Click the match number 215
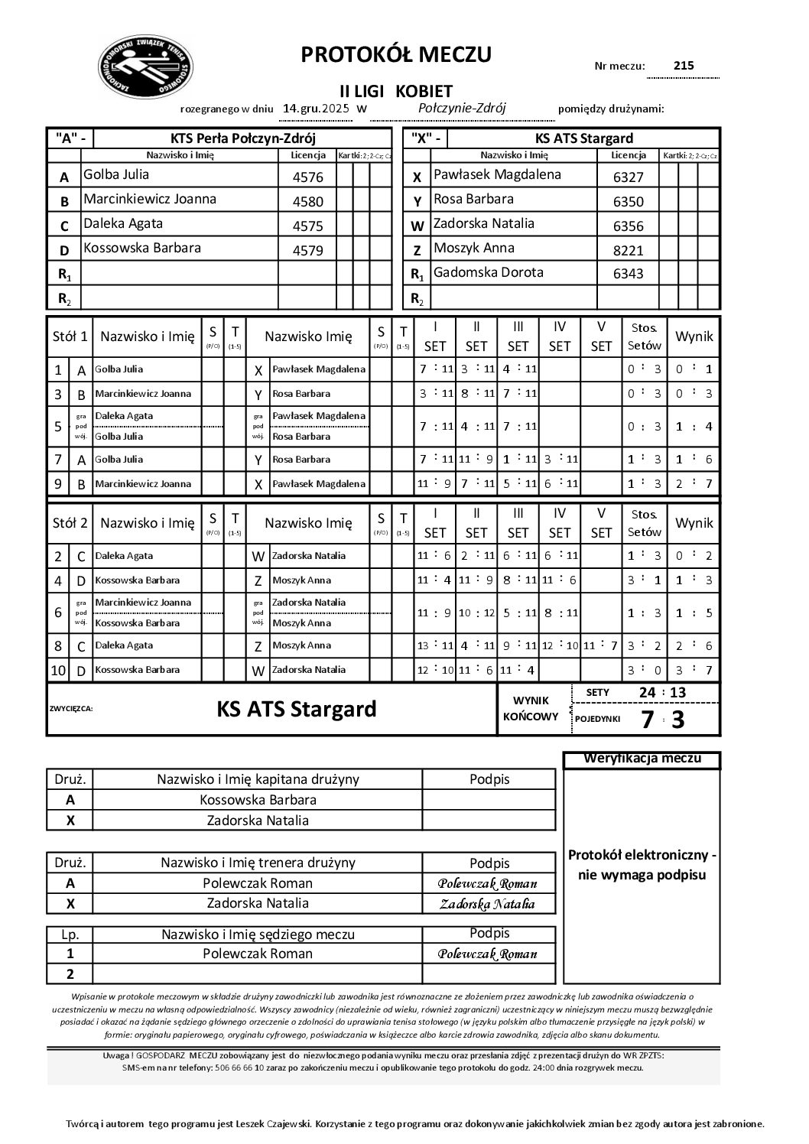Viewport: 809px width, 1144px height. pyautogui.click(x=684, y=66)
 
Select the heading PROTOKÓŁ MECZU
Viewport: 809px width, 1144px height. pyautogui.click(x=396, y=54)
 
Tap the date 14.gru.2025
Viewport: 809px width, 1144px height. pyautogui.click(x=316, y=109)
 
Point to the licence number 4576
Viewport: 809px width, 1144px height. pyautogui.click(x=308, y=177)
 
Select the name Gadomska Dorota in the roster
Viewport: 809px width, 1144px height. pyautogui.click(x=488, y=272)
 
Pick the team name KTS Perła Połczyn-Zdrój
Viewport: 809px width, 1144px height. pyautogui.click(x=243, y=138)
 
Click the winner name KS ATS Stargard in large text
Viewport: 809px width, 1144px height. pyautogui.click(x=297, y=709)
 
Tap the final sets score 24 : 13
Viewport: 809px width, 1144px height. pyautogui.click(x=662, y=693)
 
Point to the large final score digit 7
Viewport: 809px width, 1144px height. pyautogui.click(x=647, y=720)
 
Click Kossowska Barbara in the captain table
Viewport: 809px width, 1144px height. pyautogui.click(x=258, y=800)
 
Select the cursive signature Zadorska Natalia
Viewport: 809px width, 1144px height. pyautogui.click(x=487, y=904)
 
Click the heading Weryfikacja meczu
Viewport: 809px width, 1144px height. pyautogui.click(x=642, y=759)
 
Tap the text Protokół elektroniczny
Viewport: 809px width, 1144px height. pyautogui.click(x=642, y=854)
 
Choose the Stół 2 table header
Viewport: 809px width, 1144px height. pyautogui.click(x=70, y=523)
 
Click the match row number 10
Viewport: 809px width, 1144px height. pyautogui.click(x=58, y=671)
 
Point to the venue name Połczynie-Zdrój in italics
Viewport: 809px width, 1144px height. pyautogui.click(x=463, y=108)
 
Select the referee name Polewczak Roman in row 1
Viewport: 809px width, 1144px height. pyautogui.click(x=258, y=954)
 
